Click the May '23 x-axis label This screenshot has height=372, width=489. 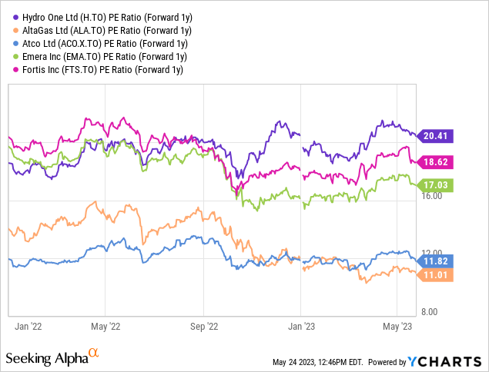click(397, 325)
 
